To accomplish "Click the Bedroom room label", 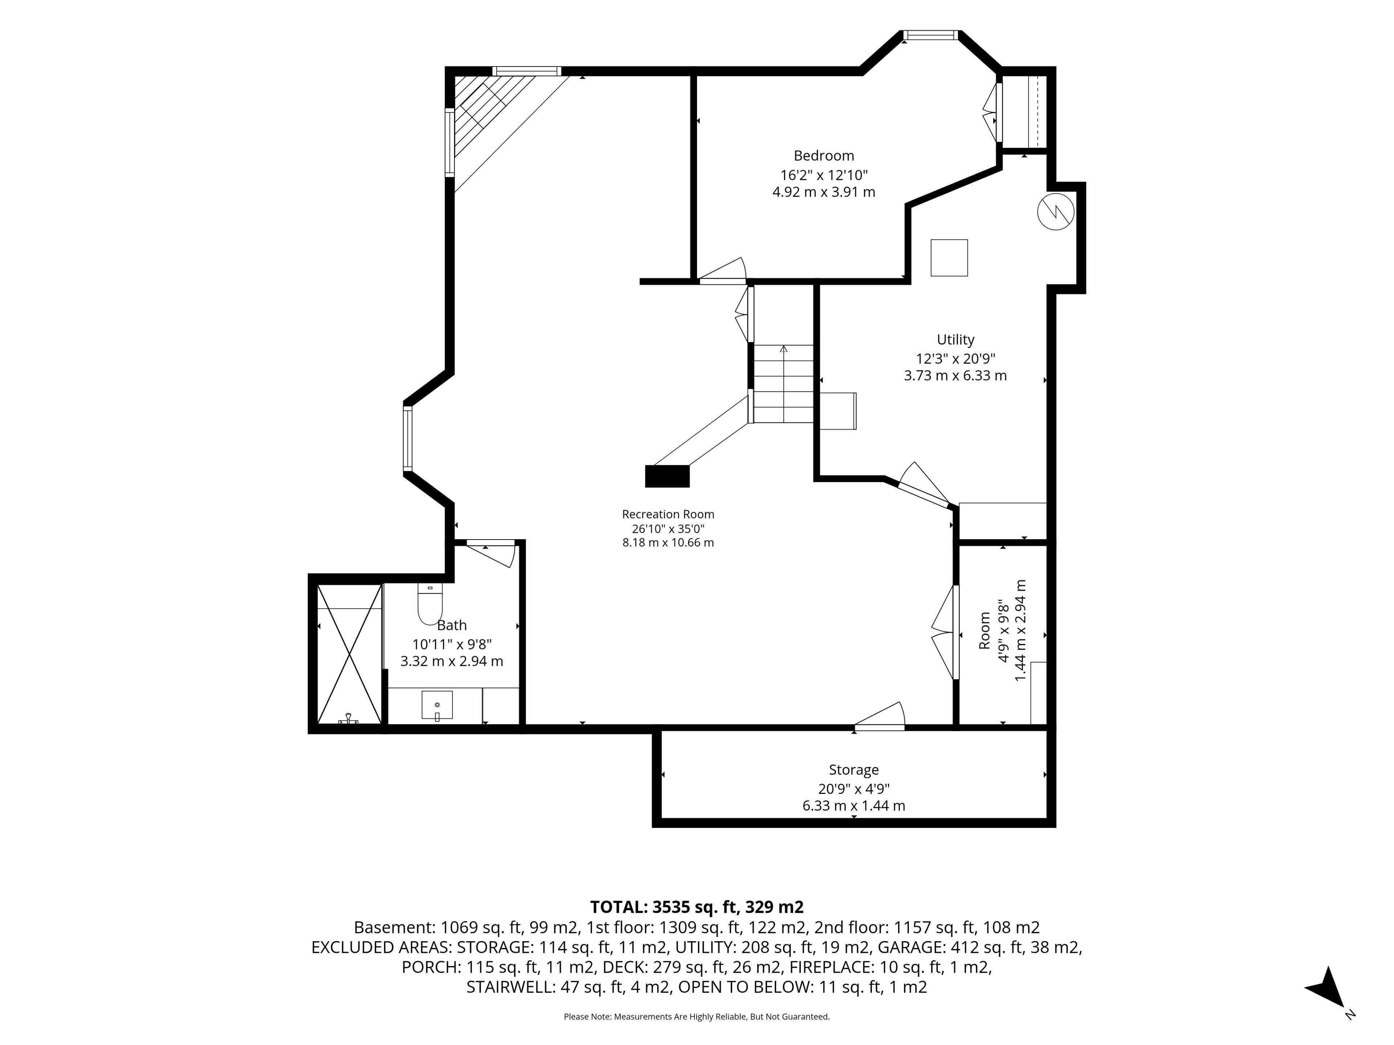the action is [824, 156].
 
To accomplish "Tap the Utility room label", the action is [955, 340].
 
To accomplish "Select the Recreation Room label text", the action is [668, 514].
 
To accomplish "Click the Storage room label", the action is [853, 770].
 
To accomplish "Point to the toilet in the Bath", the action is [431, 603].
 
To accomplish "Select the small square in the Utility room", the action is [949, 258].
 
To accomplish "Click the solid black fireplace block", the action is [667, 476].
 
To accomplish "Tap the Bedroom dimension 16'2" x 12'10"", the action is [824, 175].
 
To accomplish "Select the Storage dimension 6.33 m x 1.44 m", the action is [853, 806].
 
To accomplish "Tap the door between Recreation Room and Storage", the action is [879, 717].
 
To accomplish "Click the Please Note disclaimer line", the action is [696, 1017].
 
